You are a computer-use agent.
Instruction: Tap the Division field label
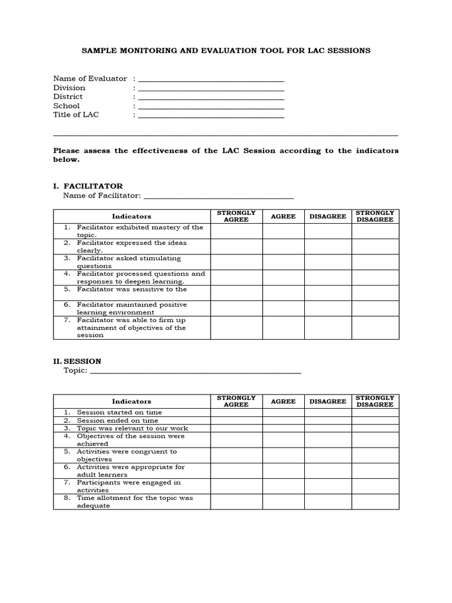coord(69,88)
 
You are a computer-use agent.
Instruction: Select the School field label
coord(66,106)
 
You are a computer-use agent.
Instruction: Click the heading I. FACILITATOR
coord(88,186)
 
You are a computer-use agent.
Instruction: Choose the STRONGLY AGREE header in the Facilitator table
coord(236,216)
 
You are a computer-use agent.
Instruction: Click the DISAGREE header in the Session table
coord(328,401)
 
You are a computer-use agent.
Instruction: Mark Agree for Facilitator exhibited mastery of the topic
coord(283,231)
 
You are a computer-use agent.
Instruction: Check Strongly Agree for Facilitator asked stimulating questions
coord(236,262)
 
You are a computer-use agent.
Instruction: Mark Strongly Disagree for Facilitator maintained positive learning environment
coord(375,308)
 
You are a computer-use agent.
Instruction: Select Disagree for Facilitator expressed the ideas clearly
coord(328,247)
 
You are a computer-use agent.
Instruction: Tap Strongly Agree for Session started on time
coord(236,412)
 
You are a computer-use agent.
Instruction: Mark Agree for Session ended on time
coord(283,420)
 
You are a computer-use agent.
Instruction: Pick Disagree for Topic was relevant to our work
coord(328,428)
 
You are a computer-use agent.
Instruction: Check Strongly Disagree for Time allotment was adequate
coord(375,502)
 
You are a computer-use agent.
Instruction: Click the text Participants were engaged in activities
coord(128,486)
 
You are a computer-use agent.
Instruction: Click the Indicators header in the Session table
coord(132,401)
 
